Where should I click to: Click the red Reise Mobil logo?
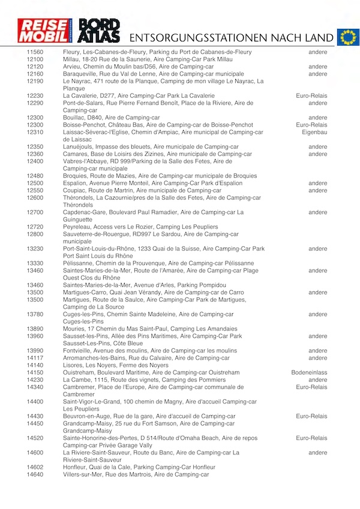coord(44,30)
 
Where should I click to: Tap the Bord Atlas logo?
coord(100,30)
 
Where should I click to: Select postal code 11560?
coord(35,52)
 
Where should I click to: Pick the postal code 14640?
coord(35,474)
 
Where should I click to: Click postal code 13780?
coord(35,314)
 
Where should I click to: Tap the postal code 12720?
coord(35,227)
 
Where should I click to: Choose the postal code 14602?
coord(35,467)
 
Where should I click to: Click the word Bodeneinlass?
coord(309,372)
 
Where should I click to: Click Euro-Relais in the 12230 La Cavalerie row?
coord(311,96)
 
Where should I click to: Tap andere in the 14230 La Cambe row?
coord(317,380)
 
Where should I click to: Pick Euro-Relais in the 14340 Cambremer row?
coord(311,387)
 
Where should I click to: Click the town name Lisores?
coord(73,365)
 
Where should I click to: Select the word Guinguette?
coord(79,220)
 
